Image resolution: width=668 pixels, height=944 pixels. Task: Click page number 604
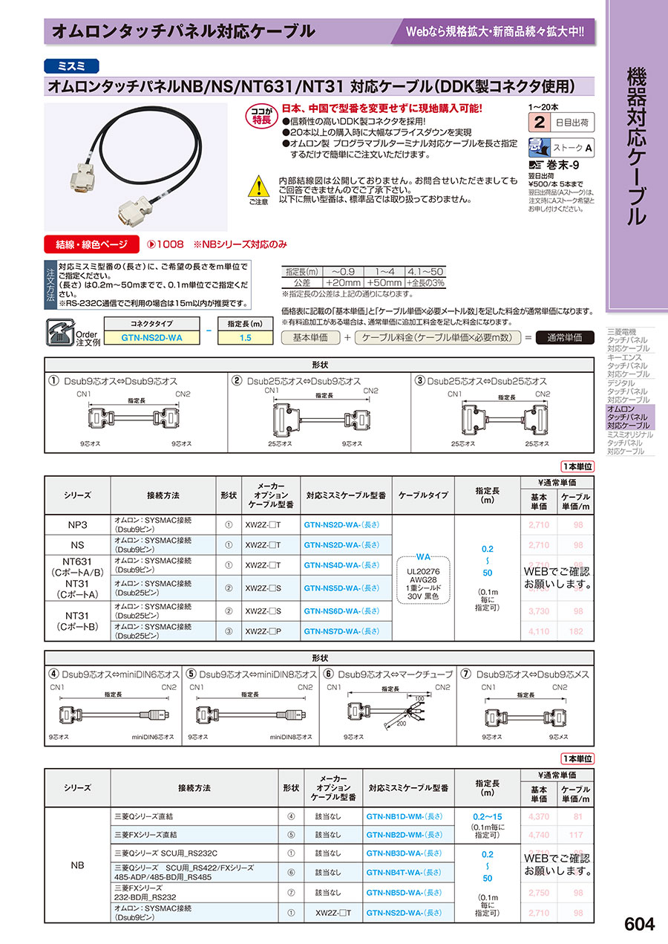640,924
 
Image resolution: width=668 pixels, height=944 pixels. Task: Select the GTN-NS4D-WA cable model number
341,565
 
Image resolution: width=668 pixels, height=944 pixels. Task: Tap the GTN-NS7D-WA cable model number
341,631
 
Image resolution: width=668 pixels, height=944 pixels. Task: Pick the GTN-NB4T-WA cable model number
405,873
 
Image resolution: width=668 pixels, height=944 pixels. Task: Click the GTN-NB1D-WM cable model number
405,815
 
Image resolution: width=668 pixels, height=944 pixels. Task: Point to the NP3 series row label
78,524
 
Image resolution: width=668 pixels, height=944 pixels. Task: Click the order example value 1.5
246,337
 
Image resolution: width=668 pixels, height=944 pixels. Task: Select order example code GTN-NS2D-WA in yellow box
151,337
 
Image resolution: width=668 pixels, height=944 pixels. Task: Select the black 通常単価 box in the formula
564,337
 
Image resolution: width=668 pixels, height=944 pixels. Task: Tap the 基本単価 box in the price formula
311,337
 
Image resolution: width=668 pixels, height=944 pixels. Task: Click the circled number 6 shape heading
329,674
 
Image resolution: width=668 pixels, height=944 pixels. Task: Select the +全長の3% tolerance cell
427,283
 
